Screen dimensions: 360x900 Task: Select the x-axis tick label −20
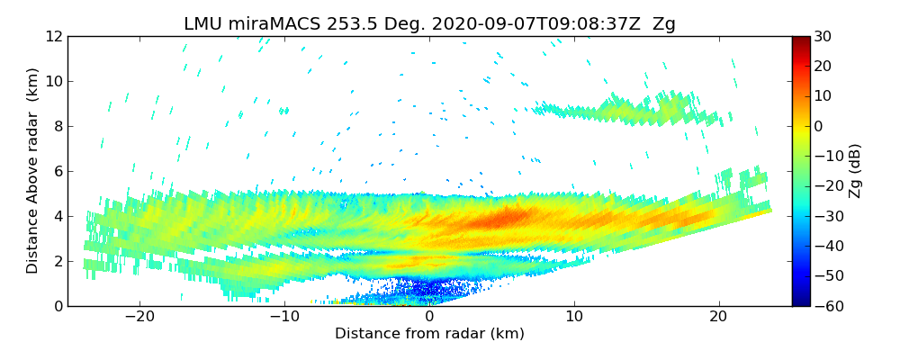click(x=139, y=318)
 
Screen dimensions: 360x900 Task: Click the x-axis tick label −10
click(x=284, y=318)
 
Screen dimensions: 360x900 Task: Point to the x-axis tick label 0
click(x=429, y=318)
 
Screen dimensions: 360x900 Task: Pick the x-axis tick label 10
click(x=574, y=318)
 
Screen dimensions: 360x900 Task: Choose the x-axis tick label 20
click(x=718, y=318)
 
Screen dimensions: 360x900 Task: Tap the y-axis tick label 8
click(x=57, y=126)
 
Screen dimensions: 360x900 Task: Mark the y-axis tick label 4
click(x=57, y=216)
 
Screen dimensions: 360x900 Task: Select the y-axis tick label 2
click(x=57, y=261)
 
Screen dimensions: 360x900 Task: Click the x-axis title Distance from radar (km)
click(x=429, y=334)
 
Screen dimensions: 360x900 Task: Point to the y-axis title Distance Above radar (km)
click(x=33, y=171)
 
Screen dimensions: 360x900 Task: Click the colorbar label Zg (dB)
click(x=856, y=171)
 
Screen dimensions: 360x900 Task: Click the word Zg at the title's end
click(x=664, y=24)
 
